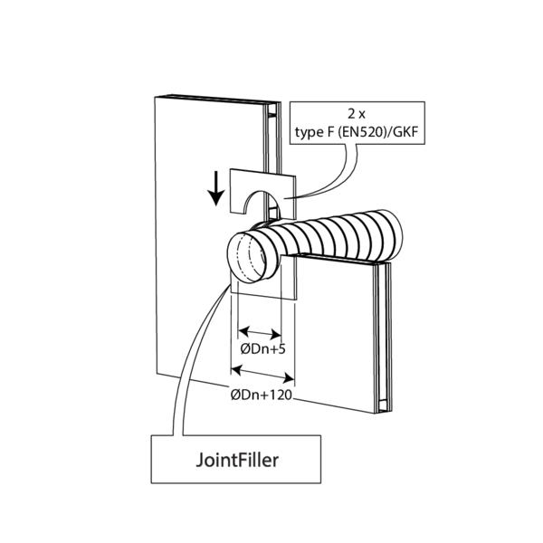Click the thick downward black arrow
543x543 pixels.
click(x=215, y=186)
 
